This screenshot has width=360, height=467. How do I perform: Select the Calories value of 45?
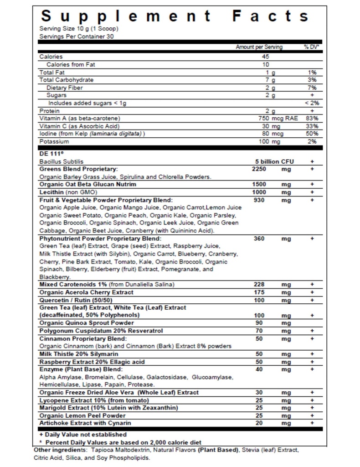coord(266,57)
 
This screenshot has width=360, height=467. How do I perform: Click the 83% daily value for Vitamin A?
coord(313,118)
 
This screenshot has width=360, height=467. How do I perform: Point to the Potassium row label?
coord(53,141)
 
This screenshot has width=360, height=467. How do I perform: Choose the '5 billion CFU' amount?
coord(273,161)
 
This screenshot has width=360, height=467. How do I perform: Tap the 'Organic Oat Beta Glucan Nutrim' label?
coord(88,184)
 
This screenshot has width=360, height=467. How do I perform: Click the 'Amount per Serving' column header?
coord(259,47)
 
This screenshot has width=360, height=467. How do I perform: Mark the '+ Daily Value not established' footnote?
coord(83,435)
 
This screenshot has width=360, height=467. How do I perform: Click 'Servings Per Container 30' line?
coord(77,36)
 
